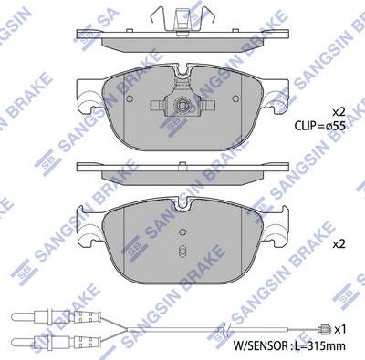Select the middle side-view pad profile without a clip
tap(182, 170)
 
